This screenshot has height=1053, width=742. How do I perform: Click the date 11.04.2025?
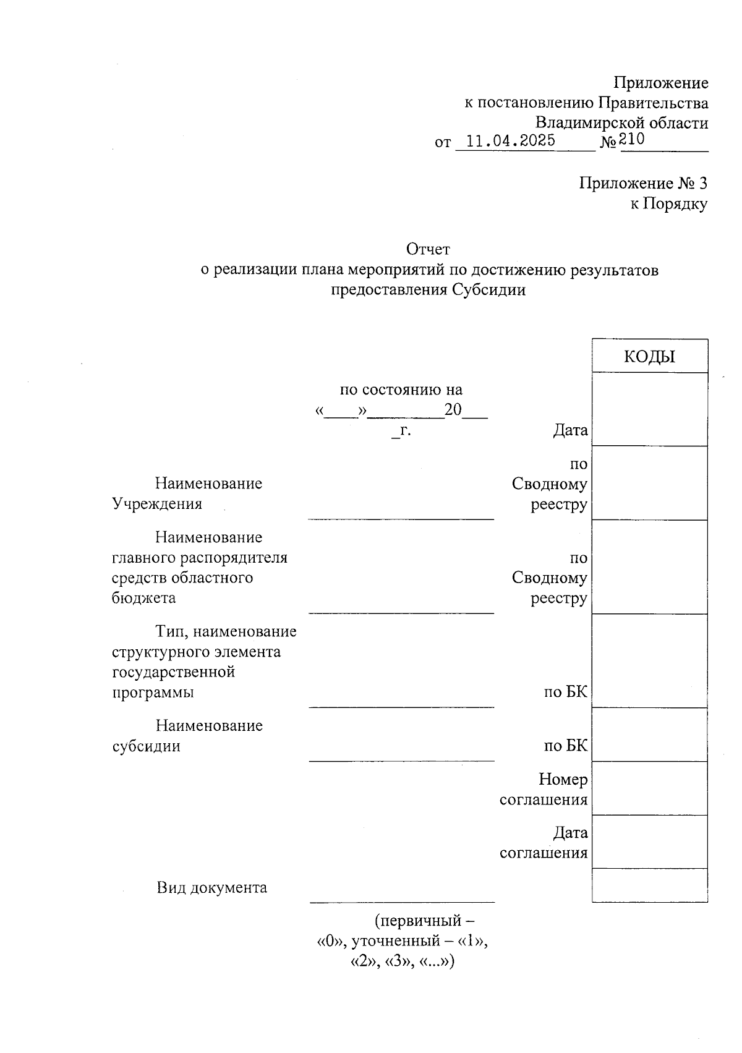coord(510,141)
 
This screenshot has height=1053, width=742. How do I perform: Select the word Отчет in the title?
coord(428,249)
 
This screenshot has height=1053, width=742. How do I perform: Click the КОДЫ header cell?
coord(649,357)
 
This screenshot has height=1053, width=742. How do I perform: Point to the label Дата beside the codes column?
coord(570,430)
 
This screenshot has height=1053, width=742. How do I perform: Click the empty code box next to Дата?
coord(649,409)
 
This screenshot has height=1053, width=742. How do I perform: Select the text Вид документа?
coord(211,888)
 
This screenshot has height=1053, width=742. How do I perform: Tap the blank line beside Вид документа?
coord(402,894)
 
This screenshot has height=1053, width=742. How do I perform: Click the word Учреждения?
coord(157,504)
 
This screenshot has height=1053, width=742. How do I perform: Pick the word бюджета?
coord(143,598)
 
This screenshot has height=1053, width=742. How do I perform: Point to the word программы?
coord(153,692)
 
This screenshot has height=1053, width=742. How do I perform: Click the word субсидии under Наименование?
coord(146,746)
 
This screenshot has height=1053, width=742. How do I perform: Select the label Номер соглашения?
coord(544,790)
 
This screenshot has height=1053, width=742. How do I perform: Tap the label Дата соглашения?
coord(544,843)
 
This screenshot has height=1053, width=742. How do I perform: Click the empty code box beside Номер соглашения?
coord(649,788)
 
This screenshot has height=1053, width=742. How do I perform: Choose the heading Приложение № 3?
coord(643,184)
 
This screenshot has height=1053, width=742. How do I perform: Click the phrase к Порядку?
coord(668,204)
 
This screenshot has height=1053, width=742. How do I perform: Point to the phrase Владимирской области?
coord(621,123)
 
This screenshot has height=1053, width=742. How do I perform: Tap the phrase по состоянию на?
coord(401,390)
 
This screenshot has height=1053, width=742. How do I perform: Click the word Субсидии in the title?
coord(488,290)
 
